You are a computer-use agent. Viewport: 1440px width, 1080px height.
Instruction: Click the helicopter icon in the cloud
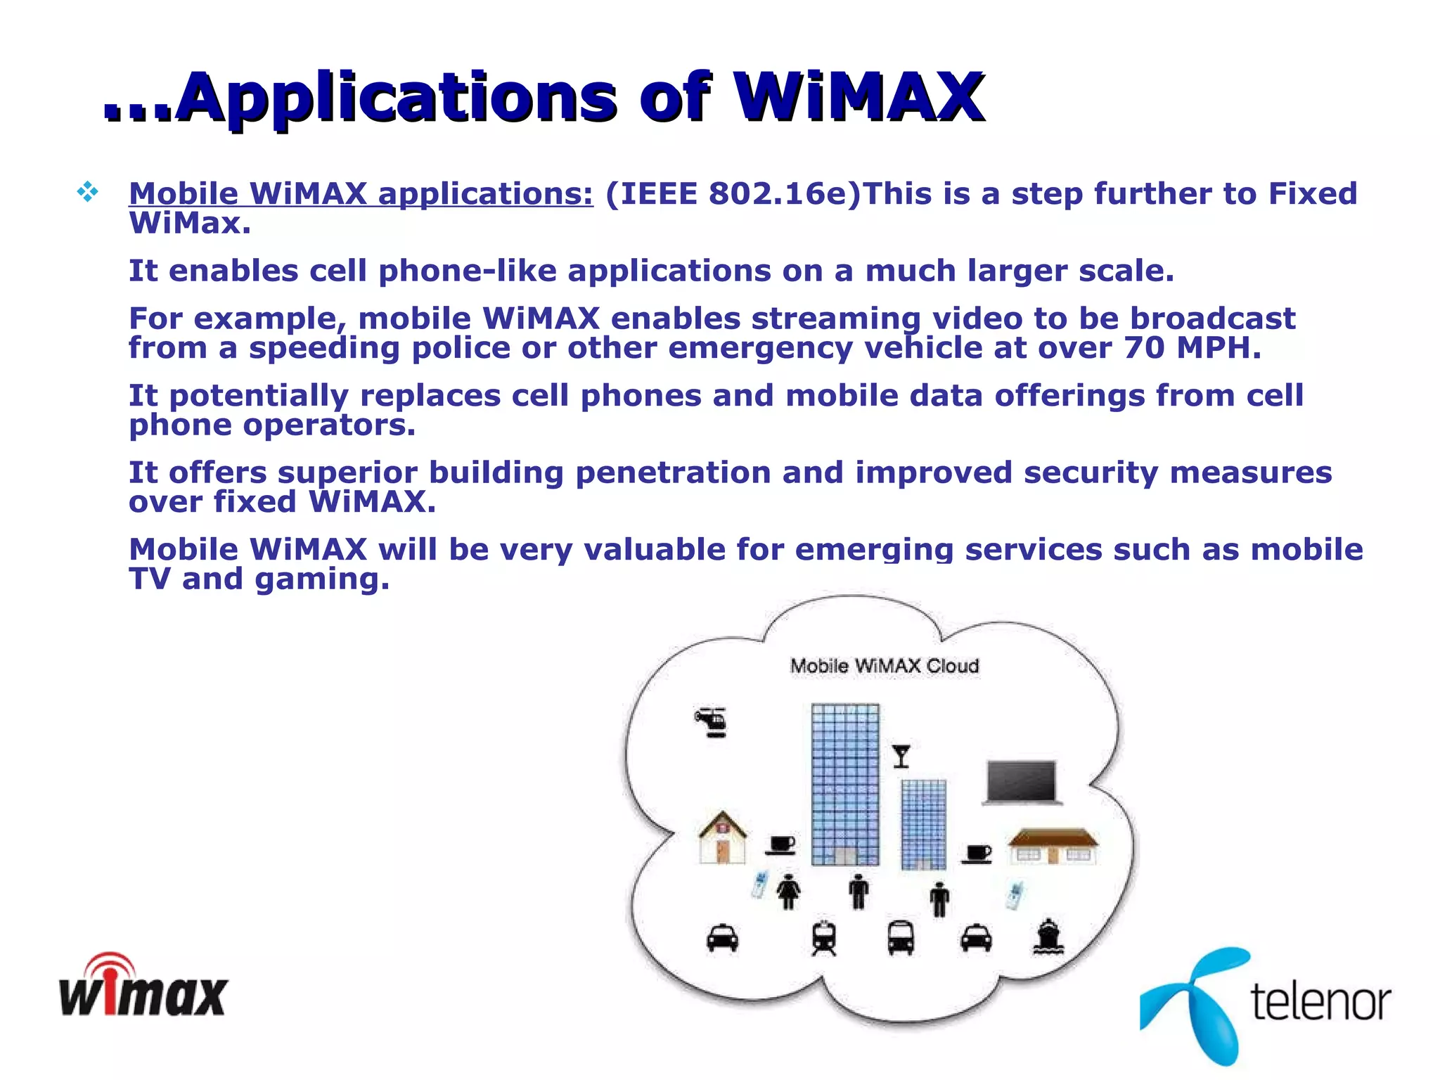[712, 721]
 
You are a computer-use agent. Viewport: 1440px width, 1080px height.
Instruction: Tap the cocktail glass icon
[901, 757]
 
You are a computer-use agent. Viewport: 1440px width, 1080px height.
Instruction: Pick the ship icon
[1048, 937]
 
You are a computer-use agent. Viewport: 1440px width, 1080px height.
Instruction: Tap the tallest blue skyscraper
[844, 784]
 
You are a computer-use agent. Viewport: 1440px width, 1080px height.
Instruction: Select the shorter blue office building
[923, 824]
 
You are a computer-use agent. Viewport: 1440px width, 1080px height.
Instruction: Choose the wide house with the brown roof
[1053, 846]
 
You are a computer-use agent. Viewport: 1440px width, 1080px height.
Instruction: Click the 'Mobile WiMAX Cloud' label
[884, 666]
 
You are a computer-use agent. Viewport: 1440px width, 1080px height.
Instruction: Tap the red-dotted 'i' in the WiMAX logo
[112, 988]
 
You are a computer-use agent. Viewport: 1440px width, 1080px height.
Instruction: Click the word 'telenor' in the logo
[1320, 1001]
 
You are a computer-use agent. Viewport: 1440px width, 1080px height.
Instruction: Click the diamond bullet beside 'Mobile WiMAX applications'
[88, 192]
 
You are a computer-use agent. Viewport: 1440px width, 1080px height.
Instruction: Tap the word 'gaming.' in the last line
[322, 580]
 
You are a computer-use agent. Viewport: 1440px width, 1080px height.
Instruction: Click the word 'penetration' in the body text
[673, 472]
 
